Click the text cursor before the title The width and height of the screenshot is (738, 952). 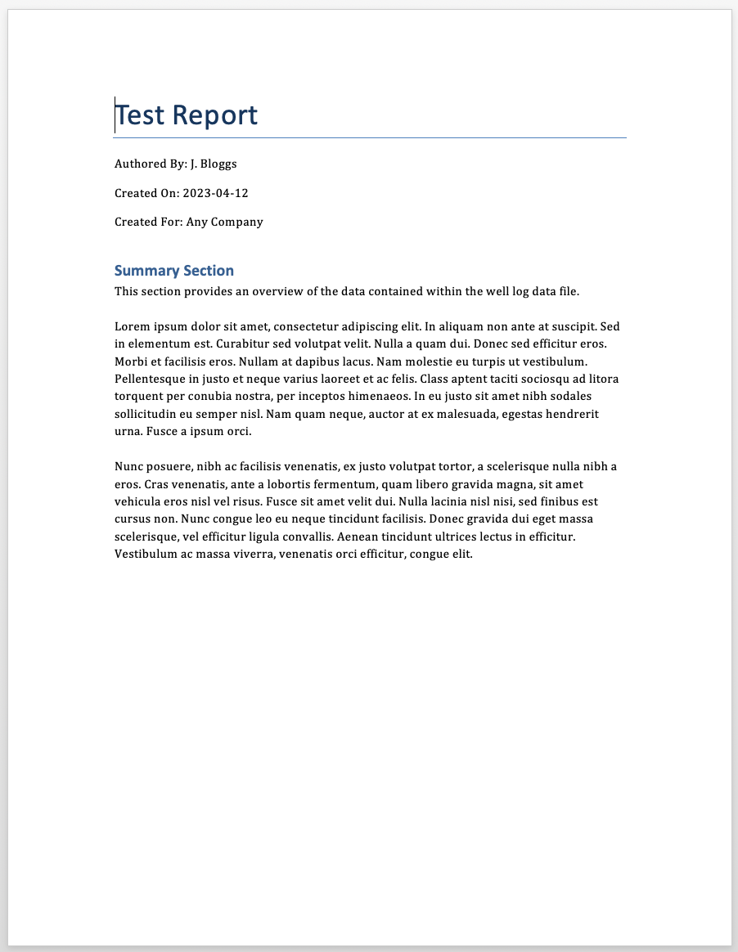115,115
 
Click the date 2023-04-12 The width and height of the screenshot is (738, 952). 215,193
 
